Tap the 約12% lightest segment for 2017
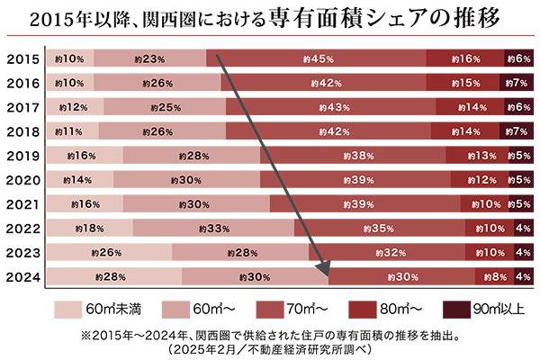tap(74, 108)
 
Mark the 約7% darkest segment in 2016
tap(517, 84)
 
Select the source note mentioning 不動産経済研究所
tap(270, 346)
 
